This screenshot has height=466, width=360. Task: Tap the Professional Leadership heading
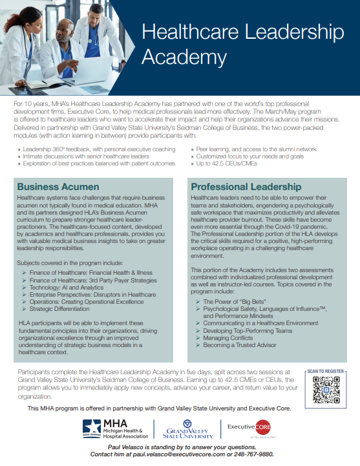point(246,186)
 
